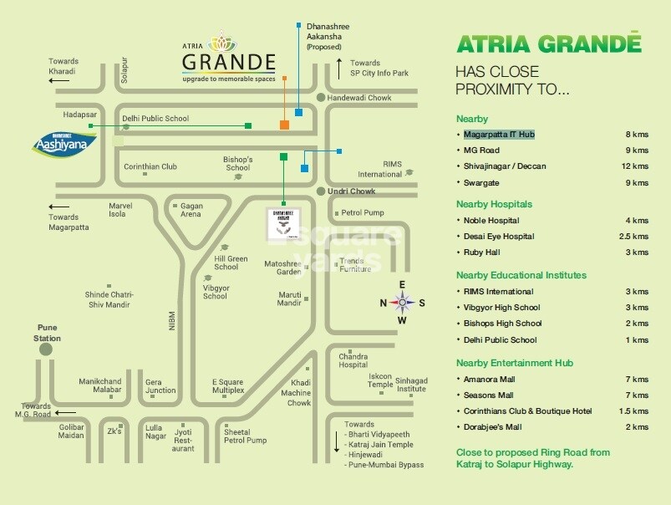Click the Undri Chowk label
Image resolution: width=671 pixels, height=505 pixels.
(352, 191)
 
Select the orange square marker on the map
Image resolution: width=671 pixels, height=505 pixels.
(285, 125)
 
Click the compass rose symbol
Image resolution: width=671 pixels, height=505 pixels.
(402, 303)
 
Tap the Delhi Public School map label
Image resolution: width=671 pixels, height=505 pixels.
(154, 119)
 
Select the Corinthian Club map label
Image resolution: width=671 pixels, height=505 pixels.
(150, 166)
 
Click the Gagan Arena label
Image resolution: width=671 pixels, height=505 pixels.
(191, 209)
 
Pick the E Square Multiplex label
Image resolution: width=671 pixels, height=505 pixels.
(228, 385)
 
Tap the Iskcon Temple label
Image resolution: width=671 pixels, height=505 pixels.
(380, 381)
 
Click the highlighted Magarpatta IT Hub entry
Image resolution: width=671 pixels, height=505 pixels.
(500, 134)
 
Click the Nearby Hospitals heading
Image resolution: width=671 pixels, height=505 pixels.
(494, 204)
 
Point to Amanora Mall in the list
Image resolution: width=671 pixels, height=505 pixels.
(489, 379)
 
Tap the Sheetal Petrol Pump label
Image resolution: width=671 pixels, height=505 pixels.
(245, 436)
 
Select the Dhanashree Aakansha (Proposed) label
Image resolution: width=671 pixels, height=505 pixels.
(328, 37)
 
